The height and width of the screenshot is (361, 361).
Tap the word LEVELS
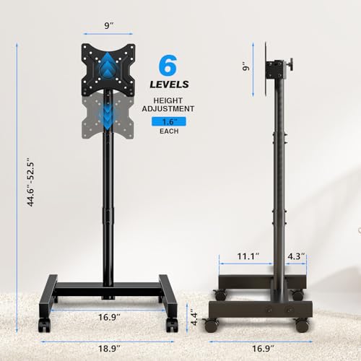[170, 89]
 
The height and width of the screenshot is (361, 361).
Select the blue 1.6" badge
[170, 123]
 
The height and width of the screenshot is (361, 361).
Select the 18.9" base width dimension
[109, 349]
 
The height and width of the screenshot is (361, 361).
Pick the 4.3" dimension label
[295, 256]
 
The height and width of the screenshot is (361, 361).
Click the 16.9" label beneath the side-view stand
[264, 349]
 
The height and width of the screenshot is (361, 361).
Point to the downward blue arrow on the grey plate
[108, 117]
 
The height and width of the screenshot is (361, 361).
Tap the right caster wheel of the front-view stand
[171, 325]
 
